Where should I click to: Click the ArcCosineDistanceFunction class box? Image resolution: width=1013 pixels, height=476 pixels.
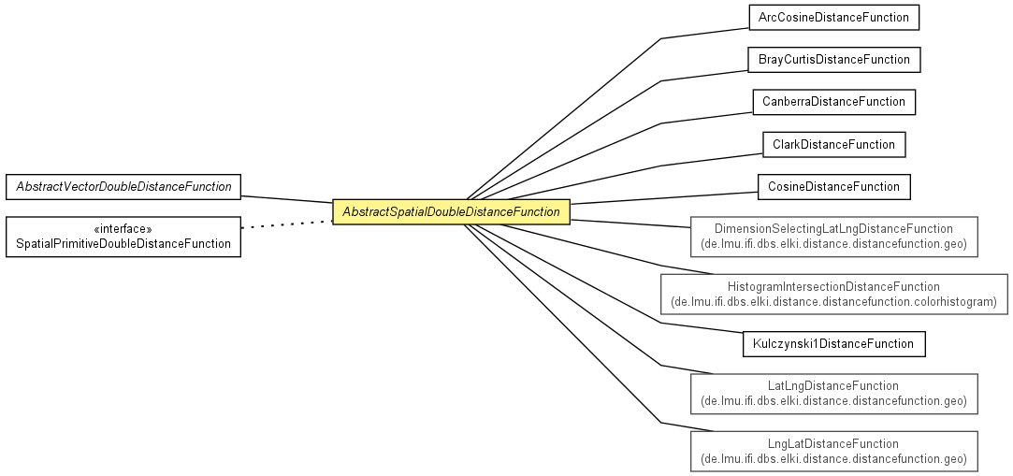(833, 18)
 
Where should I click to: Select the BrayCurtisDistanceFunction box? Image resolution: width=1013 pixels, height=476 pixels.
(834, 60)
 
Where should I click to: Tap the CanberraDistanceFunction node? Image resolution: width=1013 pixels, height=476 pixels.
(834, 102)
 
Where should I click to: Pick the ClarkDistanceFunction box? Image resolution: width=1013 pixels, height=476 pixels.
(834, 144)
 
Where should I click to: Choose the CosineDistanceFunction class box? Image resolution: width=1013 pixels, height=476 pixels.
(834, 187)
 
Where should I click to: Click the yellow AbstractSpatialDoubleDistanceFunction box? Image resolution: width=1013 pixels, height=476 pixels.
(451, 212)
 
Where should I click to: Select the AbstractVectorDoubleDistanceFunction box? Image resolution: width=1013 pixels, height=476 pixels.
(123, 187)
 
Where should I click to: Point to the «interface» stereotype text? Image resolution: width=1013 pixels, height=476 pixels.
(123, 228)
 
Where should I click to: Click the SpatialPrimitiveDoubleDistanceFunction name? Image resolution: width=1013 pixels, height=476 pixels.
(123, 244)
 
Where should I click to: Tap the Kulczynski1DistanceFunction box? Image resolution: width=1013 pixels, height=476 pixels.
(834, 343)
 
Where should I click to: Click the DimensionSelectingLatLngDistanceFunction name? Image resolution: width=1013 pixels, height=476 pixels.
(834, 228)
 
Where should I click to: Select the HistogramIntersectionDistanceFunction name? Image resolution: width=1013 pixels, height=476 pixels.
(834, 286)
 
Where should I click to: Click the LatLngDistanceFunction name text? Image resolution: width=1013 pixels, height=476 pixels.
(833, 385)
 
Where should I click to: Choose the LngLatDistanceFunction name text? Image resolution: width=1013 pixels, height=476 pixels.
(833, 443)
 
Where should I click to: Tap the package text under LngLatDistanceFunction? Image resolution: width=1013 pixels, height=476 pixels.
(834, 459)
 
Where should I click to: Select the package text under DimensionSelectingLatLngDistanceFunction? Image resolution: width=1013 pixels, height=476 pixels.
(834, 244)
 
